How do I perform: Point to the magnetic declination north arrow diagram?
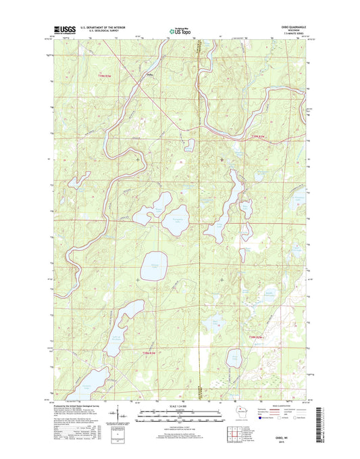tap(120, 414)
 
